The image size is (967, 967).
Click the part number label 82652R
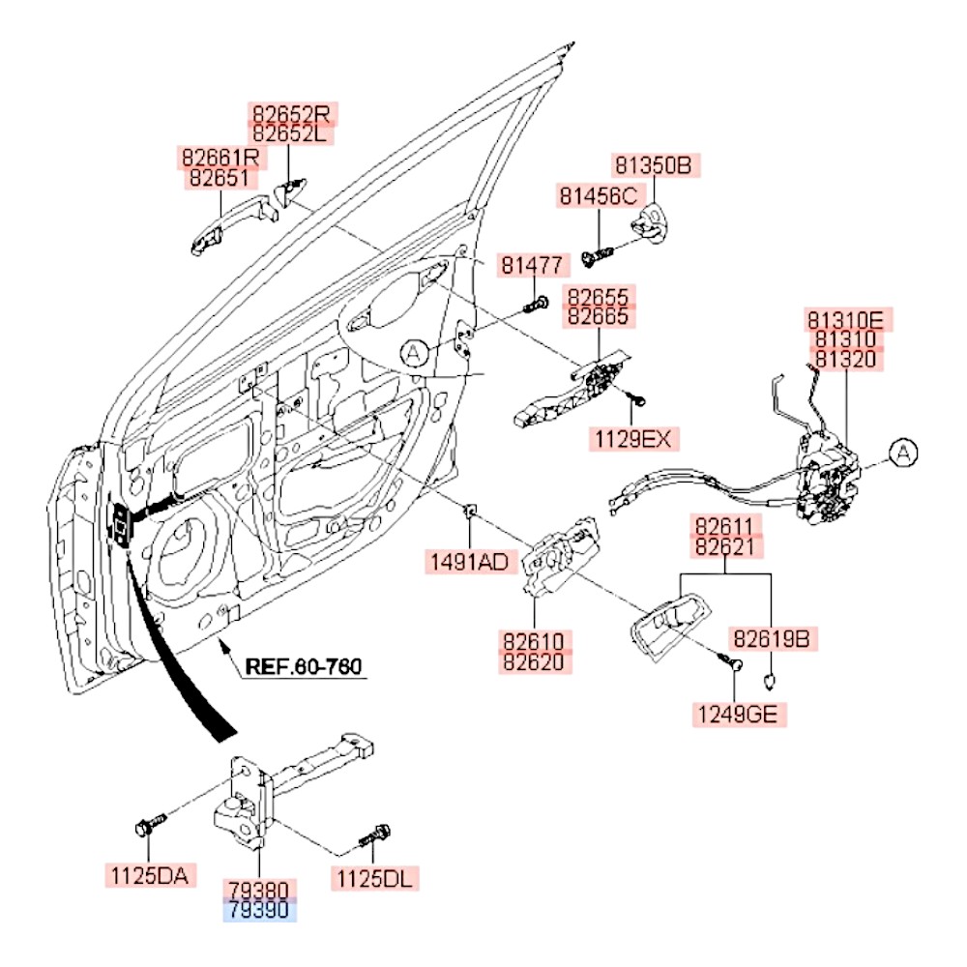point(291,114)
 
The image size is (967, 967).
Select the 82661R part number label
point(220,157)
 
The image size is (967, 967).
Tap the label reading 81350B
point(655,165)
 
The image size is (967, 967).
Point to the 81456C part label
point(598,196)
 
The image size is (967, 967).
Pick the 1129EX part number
point(631,440)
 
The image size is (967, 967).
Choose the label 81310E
point(845,320)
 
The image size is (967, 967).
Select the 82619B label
point(770,638)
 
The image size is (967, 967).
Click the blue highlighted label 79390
point(259,911)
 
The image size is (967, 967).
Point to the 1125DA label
point(150,877)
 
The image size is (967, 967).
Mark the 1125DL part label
point(376,878)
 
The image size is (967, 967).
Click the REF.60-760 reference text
point(302,666)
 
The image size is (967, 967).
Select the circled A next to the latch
point(901,452)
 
